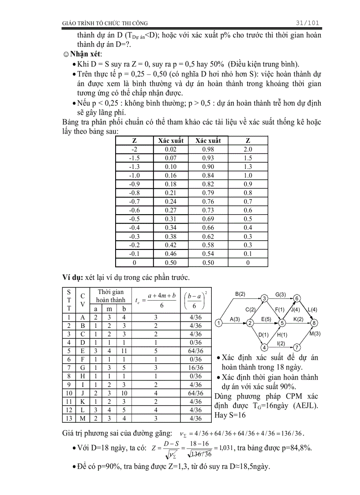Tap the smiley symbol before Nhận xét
coord(66,54)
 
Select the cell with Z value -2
coord(135,149)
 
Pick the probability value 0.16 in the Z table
coord(171,175)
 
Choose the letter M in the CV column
coord(83,418)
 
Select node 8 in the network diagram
coord(314,323)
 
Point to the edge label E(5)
coord(266,319)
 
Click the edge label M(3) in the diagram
coord(315,334)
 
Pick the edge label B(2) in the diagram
coord(240,294)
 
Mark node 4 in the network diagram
coord(264,347)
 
